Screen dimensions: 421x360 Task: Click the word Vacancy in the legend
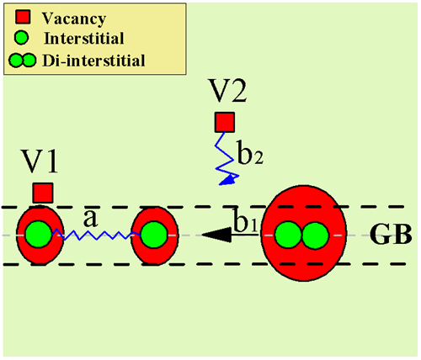click(x=74, y=19)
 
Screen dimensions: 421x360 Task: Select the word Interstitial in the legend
click(x=84, y=38)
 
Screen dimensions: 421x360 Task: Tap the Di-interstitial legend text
click(x=93, y=61)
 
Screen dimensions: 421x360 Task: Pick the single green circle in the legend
click(x=22, y=38)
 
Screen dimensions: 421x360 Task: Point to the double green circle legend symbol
click(x=23, y=61)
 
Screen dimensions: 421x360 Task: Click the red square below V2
click(x=225, y=122)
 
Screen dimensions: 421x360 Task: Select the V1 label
click(x=40, y=161)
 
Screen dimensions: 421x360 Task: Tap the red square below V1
click(x=43, y=193)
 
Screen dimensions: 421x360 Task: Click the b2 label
click(x=250, y=153)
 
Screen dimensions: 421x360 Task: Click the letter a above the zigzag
click(x=90, y=219)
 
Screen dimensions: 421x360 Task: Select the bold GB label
click(x=391, y=235)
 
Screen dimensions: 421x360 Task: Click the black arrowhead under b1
click(x=216, y=235)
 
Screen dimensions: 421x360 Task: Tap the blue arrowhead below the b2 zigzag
click(x=228, y=180)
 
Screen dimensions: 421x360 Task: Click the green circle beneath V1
click(x=39, y=235)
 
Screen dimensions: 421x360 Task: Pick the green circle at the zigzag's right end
click(x=154, y=235)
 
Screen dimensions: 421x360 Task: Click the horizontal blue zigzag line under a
click(x=96, y=235)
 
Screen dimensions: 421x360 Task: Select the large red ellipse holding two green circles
click(x=303, y=233)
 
